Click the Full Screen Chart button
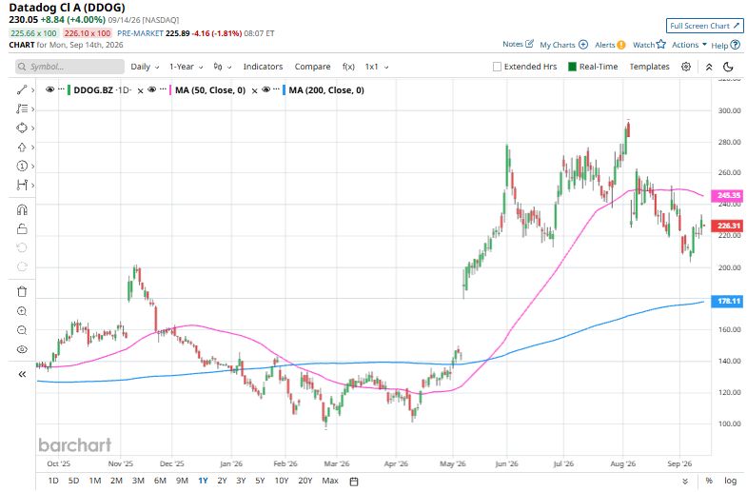[704, 26]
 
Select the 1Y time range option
[203, 481]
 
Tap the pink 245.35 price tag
[727, 195]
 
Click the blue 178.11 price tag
[727, 301]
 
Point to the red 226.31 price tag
[727, 226]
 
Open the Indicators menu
[263, 67]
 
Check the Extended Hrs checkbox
[497, 67]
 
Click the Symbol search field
[69, 67]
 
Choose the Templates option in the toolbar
[649, 67]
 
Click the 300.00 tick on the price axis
[729, 110]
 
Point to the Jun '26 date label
[506, 463]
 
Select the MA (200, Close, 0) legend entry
[326, 90]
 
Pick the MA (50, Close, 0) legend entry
[210, 90]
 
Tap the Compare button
[312, 67]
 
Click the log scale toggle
[730, 481]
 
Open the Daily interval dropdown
[145, 67]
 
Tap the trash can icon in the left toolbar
[22, 291]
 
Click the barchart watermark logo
[75, 444]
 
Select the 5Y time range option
[260, 481]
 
